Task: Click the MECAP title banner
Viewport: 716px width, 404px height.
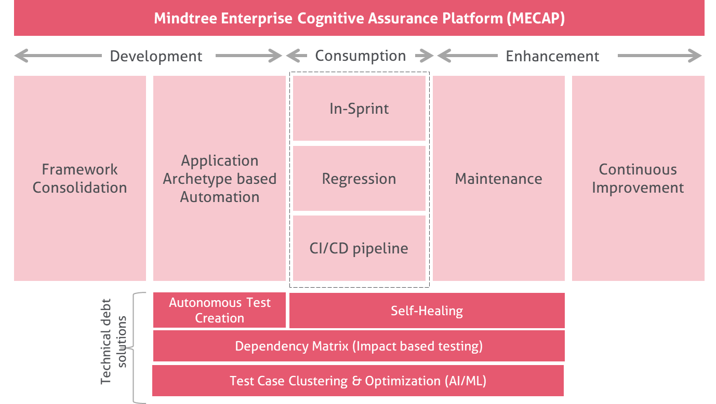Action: coord(359,18)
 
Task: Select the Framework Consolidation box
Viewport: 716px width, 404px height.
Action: coord(80,178)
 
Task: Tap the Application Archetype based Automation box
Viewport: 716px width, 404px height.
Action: coord(219,178)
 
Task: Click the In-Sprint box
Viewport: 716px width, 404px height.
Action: coord(359,108)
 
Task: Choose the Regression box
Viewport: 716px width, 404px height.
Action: coord(359,178)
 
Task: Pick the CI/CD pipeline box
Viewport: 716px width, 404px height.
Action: coord(359,248)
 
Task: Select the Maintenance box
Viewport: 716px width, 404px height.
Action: coord(499,178)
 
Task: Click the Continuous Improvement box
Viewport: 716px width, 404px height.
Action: coord(638,178)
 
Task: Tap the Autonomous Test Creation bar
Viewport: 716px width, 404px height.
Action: coord(219,310)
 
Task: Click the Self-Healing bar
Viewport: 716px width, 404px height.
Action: coord(427,311)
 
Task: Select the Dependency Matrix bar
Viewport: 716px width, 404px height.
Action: coord(359,346)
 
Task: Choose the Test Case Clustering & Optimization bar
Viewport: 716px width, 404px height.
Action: coord(358,381)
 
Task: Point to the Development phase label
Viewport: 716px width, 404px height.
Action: coord(156,56)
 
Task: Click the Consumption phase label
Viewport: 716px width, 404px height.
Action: coord(361,56)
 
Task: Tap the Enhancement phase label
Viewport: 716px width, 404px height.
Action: coord(552,56)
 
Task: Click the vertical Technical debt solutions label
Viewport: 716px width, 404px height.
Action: coord(113,341)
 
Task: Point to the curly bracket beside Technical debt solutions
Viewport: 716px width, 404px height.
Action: coord(134,348)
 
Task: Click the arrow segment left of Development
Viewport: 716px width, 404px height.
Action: coord(58,56)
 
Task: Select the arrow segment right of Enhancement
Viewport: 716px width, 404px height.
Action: coord(660,56)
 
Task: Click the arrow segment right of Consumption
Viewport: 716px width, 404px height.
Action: coord(424,56)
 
